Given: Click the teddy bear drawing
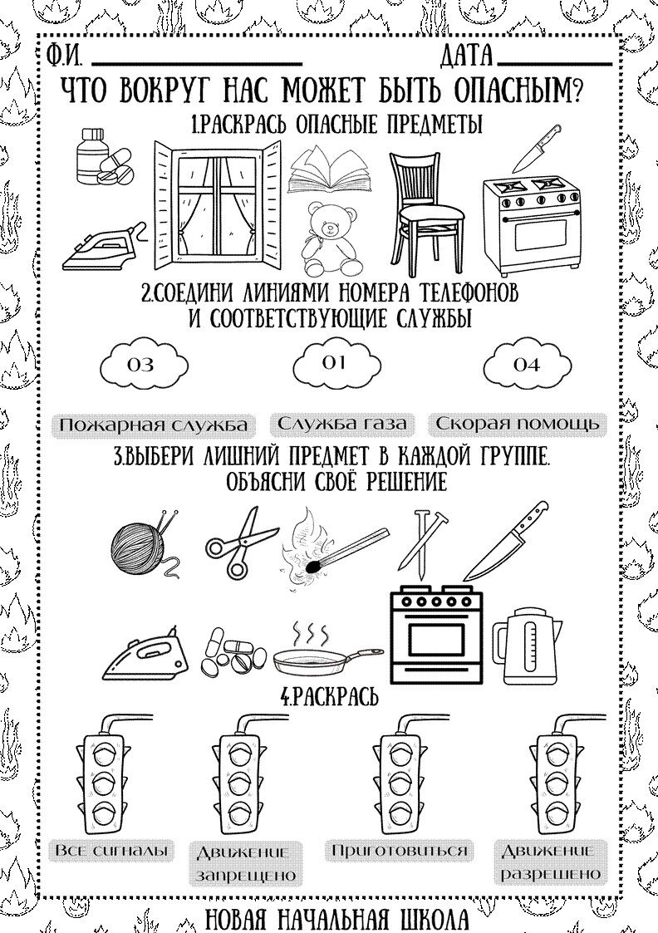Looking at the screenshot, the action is (331, 238).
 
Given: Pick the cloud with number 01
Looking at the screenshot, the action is (336, 363).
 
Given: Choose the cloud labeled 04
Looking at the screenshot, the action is (527, 364).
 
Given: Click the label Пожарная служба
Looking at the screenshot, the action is (154, 425).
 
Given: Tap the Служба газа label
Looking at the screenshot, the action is (342, 424).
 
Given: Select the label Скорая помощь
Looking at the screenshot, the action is (517, 424).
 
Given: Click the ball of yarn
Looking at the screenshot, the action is (144, 546).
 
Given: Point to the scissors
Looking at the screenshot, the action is (241, 542).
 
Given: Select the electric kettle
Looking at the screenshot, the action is (527, 646).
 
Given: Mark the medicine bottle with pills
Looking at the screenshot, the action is (103, 157).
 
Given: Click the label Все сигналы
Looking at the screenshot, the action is (111, 850).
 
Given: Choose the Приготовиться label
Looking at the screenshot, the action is (399, 850).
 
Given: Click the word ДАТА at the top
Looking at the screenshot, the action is (468, 56).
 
